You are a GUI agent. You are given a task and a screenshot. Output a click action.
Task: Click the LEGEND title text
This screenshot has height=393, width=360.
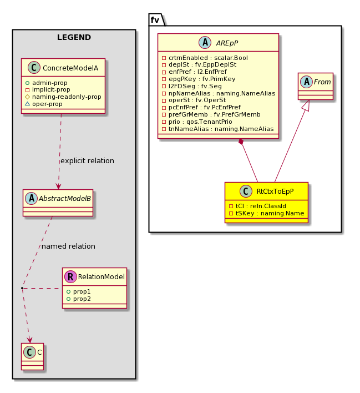click(74, 37)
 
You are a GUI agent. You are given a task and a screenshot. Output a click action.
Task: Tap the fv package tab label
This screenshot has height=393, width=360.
click(155, 20)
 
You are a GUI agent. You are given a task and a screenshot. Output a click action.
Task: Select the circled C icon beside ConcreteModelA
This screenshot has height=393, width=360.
click(34, 67)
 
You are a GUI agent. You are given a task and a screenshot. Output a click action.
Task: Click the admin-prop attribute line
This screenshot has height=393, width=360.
click(47, 83)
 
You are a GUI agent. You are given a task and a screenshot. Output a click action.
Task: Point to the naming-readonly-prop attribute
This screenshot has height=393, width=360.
click(63, 97)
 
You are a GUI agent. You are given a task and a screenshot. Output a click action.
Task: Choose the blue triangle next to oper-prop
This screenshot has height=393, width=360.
click(28, 104)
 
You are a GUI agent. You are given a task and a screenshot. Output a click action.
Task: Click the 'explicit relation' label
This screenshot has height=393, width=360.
click(87, 160)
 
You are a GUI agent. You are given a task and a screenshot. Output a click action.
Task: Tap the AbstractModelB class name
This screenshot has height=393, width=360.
click(65, 199)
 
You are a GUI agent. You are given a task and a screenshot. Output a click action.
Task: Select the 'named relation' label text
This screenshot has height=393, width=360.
click(68, 246)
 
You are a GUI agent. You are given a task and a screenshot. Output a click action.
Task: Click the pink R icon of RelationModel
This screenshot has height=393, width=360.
click(70, 276)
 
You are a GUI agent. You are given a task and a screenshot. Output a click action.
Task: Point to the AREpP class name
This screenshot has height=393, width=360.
click(227, 43)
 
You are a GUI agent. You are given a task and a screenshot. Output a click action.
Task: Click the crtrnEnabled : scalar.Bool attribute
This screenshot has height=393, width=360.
click(205, 58)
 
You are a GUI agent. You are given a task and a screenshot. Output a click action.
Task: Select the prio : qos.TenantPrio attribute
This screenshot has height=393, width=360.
click(197, 122)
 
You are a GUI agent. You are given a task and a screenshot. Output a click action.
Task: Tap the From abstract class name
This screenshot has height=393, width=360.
click(322, 82)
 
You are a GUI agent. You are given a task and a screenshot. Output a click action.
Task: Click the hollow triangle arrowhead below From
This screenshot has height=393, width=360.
click(308, 105)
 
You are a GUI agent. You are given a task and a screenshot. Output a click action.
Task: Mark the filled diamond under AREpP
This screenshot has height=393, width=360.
click(241, 142)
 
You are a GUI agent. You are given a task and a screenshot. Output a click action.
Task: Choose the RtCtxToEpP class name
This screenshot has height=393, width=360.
click(275, 192)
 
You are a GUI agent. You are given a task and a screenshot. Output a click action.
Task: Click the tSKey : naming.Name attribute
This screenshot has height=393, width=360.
click(267, 213)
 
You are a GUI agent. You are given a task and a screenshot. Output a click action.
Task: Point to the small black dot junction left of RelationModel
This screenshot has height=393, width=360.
click(22, 288)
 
